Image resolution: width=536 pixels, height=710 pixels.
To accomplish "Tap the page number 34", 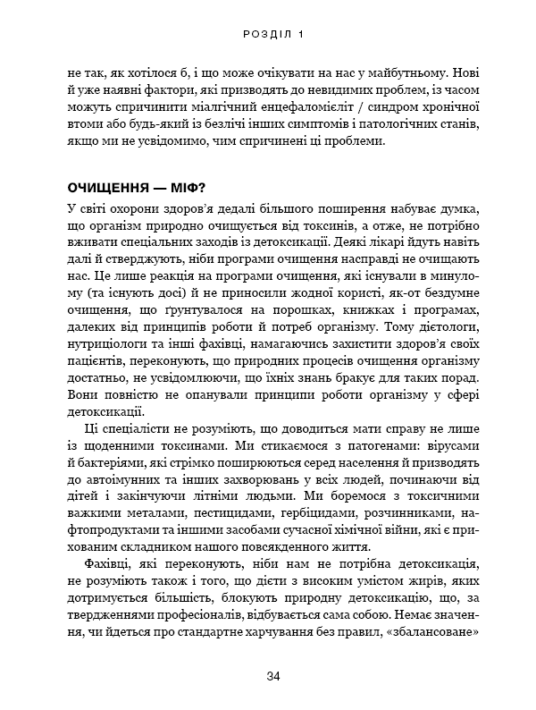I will pos(274,675).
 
